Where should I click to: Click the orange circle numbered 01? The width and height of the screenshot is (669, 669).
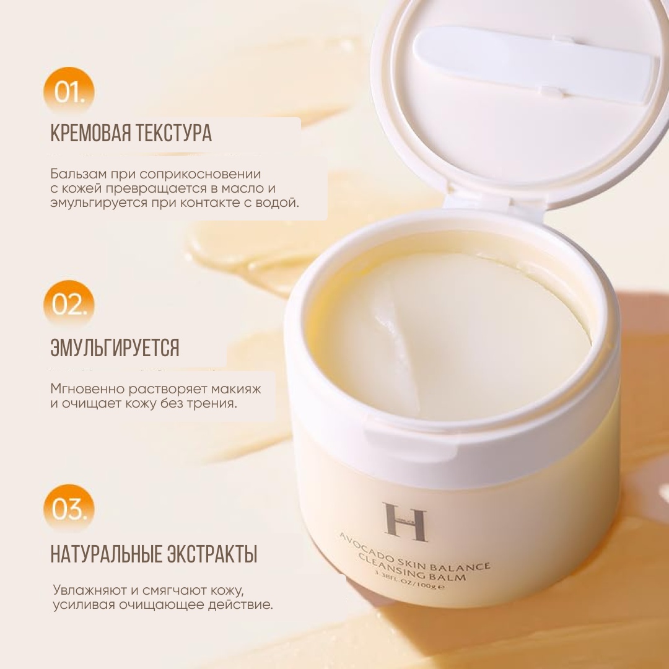(69, 91)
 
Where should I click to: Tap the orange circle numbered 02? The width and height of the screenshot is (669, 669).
(69, 304)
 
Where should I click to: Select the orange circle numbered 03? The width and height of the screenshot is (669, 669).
(69, 509)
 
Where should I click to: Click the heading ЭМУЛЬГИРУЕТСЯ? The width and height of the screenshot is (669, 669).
(115, 348)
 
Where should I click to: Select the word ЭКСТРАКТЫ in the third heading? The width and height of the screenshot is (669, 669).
(212, 554)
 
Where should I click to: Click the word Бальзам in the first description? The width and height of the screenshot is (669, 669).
(78, 174)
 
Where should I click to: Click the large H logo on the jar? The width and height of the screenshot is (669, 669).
(405, 522)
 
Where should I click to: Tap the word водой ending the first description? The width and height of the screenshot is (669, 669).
(278, 203)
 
